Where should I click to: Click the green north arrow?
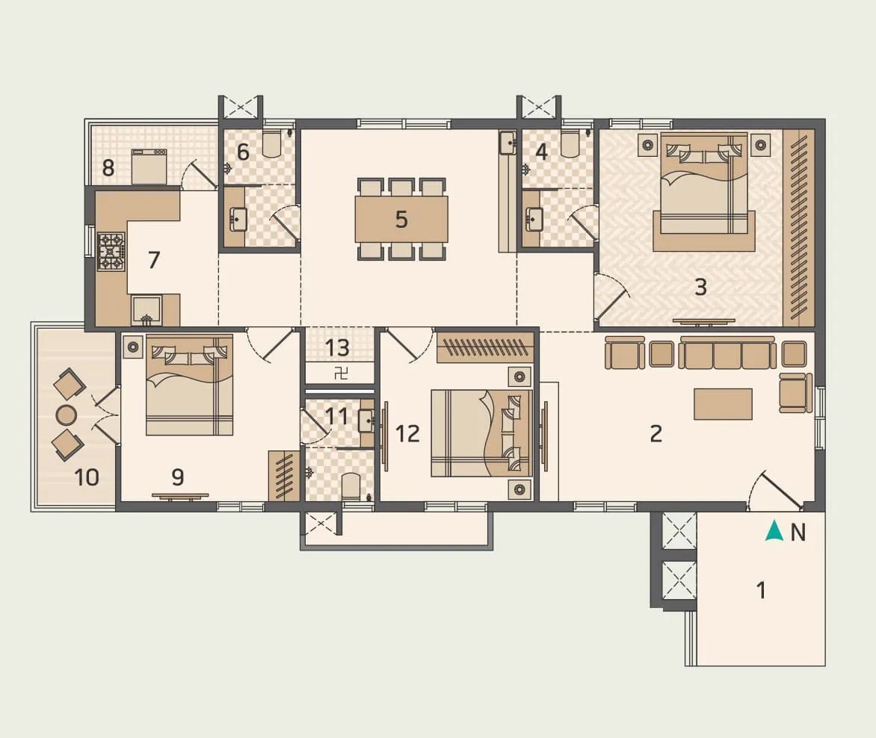774,532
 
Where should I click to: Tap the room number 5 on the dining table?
401,220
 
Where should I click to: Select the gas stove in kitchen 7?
111,252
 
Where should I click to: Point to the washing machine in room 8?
149,166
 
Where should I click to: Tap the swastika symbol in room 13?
341,373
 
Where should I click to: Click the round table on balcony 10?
67,415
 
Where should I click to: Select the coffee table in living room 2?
723,403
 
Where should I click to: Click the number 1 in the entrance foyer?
761,590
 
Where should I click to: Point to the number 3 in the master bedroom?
700,287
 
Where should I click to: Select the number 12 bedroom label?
407,433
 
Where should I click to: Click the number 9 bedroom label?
177,476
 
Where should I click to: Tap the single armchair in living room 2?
795,392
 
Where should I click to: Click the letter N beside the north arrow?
798,533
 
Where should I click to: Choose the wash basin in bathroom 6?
238,220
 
